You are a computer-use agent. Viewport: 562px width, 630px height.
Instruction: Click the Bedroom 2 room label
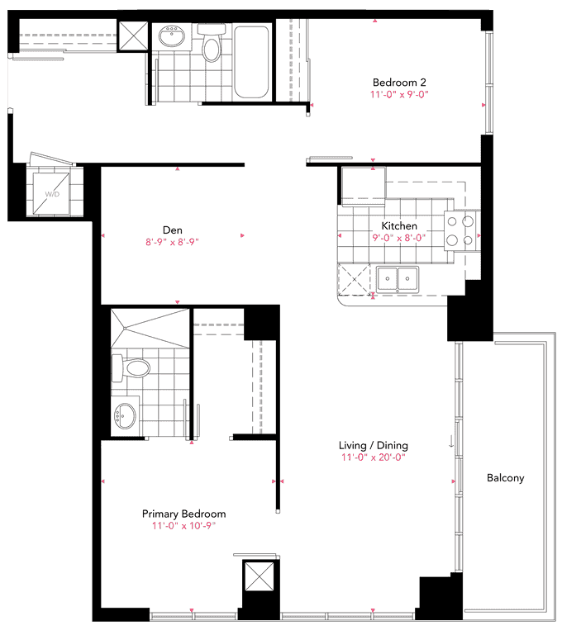[399, 83]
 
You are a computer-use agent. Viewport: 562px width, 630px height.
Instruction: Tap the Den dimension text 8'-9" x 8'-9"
[172, 242]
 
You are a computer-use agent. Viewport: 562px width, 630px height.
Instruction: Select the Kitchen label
[399, 225]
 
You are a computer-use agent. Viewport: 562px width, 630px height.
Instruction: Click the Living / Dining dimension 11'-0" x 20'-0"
[374, 457]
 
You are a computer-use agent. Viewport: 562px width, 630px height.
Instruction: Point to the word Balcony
[505, 478]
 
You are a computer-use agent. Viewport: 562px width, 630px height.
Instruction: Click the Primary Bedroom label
[183, 514]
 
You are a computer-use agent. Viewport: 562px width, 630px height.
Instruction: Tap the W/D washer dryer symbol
[52, 194]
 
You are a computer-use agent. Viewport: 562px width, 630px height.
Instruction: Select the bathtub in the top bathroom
[251, 62]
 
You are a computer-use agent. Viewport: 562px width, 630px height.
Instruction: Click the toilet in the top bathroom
[212, 43]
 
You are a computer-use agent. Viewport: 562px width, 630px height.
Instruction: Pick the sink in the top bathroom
[172, 36]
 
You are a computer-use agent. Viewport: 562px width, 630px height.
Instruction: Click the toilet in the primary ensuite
[131, 368]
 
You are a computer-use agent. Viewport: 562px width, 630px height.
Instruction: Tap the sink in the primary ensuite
[125, 416]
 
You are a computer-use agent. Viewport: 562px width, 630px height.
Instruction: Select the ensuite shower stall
[150, 329]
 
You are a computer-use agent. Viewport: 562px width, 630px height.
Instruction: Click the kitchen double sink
[398, 279]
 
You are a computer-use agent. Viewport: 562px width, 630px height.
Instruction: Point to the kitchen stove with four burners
[460, 231]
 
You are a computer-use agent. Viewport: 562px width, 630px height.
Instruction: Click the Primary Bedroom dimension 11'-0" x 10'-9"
[183, 526]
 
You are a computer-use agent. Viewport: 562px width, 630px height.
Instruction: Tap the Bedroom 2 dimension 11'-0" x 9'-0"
[399, 94]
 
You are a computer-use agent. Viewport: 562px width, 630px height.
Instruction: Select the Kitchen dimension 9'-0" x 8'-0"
[399, 238]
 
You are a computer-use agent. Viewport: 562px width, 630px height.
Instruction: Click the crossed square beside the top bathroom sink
[134, 36]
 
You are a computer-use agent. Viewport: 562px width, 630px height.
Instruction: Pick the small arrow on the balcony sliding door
[451, 441]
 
